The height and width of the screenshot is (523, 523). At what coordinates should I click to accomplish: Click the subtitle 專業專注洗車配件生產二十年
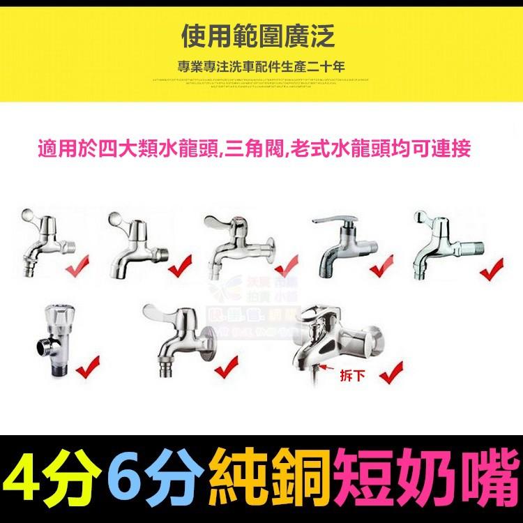(261, 68)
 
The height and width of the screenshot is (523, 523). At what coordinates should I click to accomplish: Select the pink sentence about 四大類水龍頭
(256, 149)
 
